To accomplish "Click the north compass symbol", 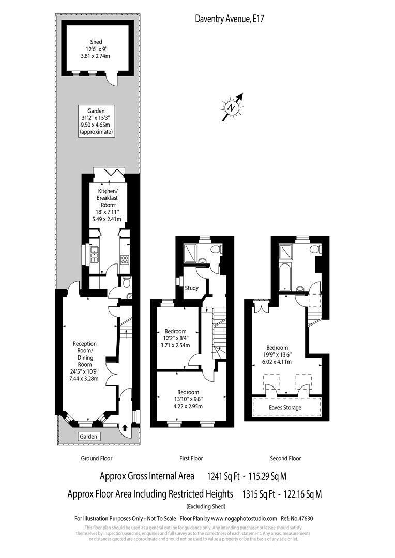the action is pos(232,107).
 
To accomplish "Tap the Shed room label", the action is pos(96,42).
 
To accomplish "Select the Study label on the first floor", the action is pos(191,288).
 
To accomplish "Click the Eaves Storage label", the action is pos(285,408).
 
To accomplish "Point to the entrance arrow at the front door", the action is pos(125,428).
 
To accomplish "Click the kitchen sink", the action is pos(95,254).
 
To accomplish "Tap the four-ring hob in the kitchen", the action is pos(125,259).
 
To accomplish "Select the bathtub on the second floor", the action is pos(285,276).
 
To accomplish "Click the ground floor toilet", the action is pos(126,283).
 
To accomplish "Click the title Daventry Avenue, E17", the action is pos(230,19).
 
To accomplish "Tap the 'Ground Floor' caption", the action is pos(97,458).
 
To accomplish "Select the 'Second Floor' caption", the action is pos(285,458).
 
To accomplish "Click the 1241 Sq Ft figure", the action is pos(223,476).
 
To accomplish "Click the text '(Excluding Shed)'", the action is pos(206,506).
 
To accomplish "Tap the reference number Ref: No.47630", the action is pos(297,519).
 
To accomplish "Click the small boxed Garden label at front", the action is pos(88,436).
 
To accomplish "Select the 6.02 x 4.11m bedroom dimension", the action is pos(277,362).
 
